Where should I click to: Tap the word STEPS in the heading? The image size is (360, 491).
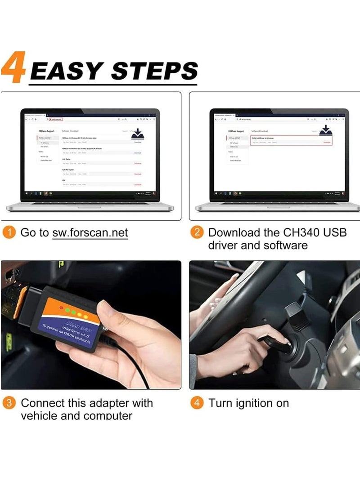tap(154, 71)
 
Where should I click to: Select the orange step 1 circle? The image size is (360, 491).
tap(10, 232)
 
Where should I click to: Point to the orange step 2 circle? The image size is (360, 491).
tap(197, 232)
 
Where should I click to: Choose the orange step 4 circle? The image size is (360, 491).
tap(197, 403)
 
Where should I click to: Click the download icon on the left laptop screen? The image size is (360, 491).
tap(137, 134)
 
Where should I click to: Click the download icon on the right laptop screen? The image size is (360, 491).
tap(326, 131)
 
